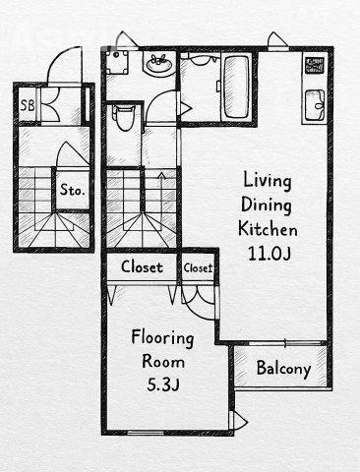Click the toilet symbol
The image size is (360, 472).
[124, 117]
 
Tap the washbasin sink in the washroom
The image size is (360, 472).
[158, 64]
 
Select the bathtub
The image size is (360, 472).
[236, 88]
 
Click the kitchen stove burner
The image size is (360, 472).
[315, 65]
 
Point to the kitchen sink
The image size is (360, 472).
[315, 105]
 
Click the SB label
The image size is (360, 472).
[28, 105]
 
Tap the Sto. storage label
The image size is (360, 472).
[72, 190]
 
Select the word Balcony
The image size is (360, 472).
[283, 369]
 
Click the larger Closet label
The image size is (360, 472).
[142, 267]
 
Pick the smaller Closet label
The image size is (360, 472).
[198, 268]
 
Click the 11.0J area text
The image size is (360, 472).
[269, 254]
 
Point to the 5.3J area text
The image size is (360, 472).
[163, 384]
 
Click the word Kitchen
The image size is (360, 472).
[268, 228]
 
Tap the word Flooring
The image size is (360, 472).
[162, 338]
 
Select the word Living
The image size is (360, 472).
[267, 181]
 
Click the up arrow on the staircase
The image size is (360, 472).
[161, 189]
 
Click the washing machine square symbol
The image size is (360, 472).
[117, 62]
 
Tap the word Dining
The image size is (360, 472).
[267, 206]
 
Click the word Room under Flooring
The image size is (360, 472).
[163, 361]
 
